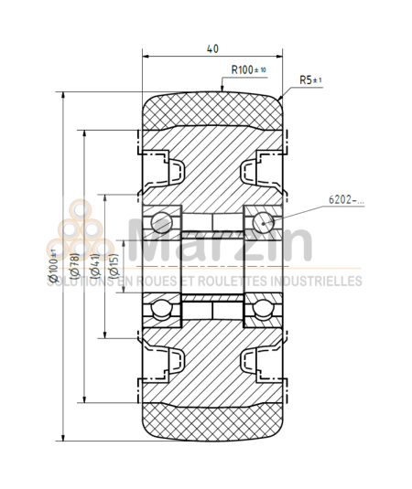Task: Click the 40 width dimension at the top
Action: [212, 49]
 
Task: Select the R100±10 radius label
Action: [248, 69]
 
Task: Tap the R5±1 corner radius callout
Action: [311, 80]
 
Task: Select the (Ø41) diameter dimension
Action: [95, 265]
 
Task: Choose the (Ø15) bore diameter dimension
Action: [114, 265]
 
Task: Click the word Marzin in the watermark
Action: [220, 245]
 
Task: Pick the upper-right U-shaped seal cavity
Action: [257, 169]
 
